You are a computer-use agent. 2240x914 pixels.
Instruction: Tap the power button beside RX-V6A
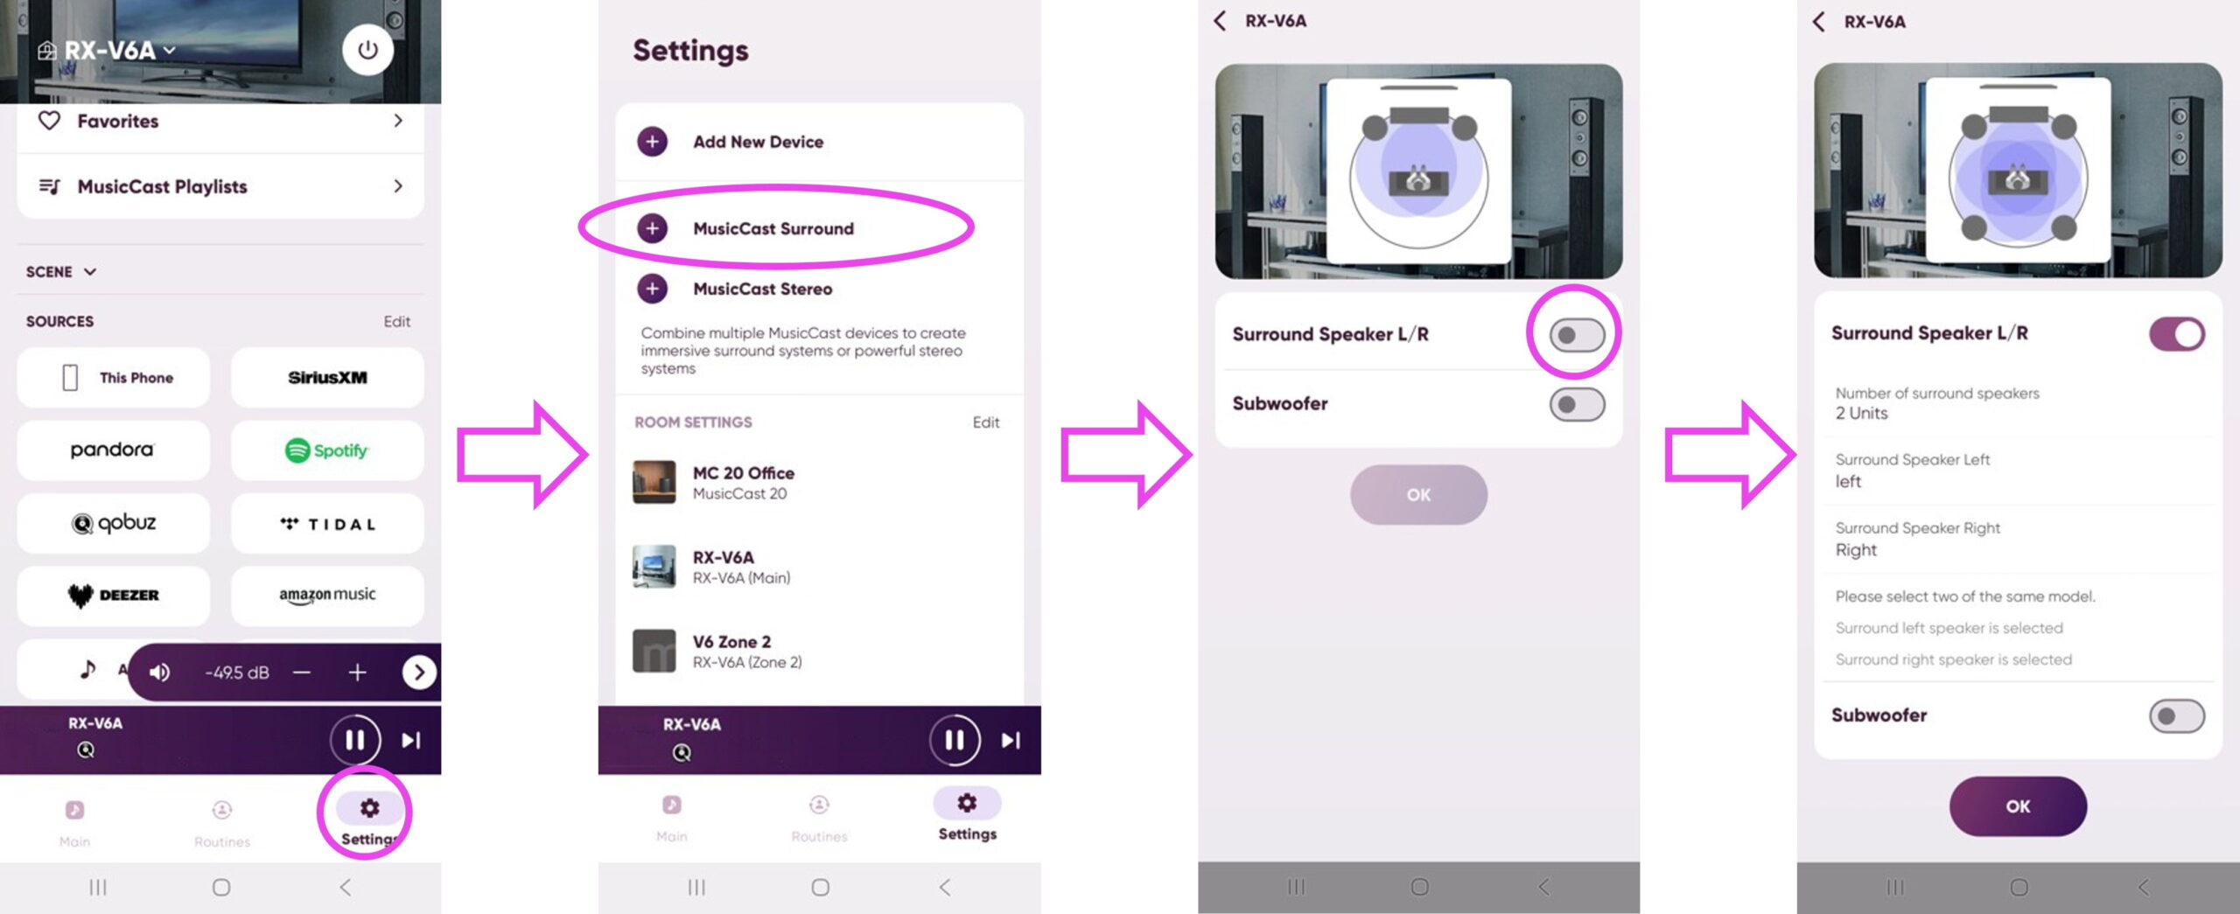[367, 49]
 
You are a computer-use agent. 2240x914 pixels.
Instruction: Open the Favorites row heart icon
[50, 121]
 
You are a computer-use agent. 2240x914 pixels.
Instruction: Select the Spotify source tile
[327, 450]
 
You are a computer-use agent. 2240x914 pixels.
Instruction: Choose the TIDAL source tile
[327, 524]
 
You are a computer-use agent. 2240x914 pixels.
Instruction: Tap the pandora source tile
[113, 450]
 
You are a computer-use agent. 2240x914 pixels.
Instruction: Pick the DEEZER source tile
[113, 596]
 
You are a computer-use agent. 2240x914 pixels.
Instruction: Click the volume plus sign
[357, 672]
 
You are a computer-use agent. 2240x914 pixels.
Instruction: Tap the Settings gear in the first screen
[369, 808]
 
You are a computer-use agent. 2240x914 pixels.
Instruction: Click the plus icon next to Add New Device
[652, 142]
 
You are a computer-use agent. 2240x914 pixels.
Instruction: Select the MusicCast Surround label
[773, 228]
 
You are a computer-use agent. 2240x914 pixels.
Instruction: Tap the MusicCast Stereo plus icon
[652, 289]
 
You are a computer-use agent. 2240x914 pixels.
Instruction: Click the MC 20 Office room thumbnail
[654, 482]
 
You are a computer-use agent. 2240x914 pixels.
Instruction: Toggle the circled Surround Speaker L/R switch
[1577, 334]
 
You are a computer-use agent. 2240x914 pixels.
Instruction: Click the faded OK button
[1418, 495]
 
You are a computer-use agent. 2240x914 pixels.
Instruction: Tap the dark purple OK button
[2018, 806]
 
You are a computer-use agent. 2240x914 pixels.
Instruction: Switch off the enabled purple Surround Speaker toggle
[2177, 333]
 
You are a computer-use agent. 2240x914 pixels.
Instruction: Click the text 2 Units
[1861, 414]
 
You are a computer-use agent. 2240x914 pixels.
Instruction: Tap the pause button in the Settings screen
[955, 740]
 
